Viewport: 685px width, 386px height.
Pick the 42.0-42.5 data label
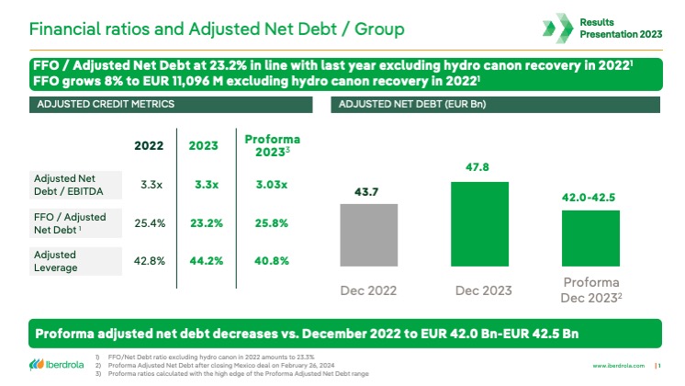pyautogui.click(x=589, y=198)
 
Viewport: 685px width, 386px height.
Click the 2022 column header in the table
pyautogui.click(x=148, y=145)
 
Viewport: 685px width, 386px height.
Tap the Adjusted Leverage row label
pyautogui.click(x=57, y=260)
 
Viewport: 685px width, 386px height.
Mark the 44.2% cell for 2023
pyautogui.click(x=206, y=261)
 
